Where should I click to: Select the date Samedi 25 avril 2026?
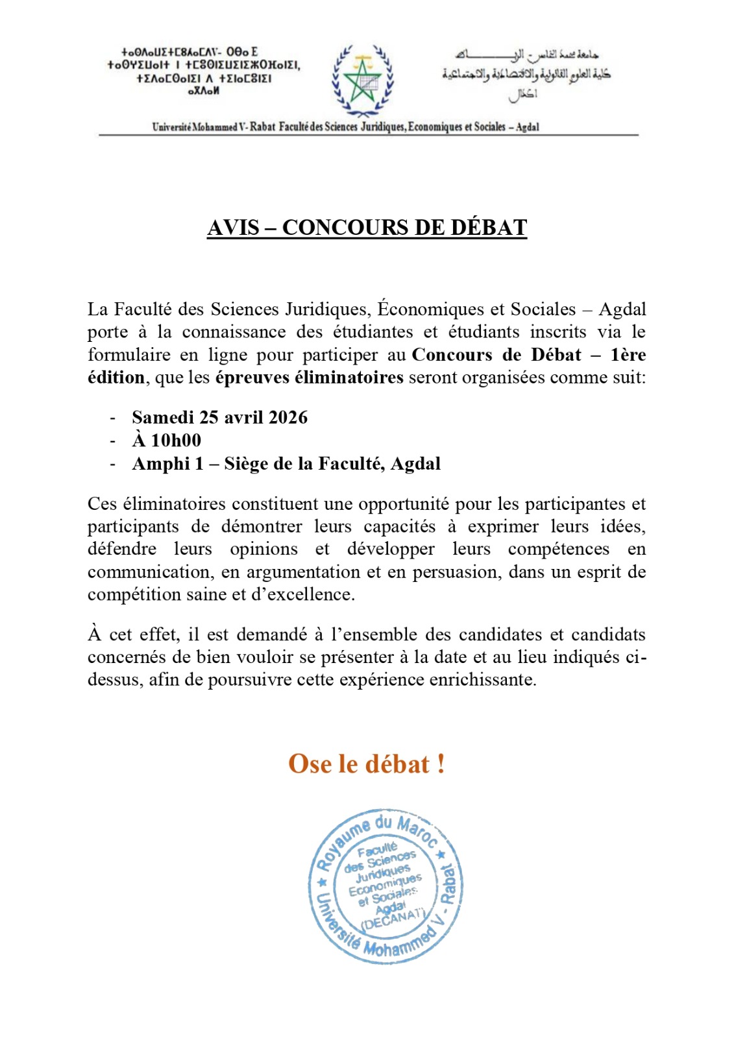click(219, 417)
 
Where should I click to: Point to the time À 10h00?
click(167, 441)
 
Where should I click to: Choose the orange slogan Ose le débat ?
click(367, 764)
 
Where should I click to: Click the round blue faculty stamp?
click(385, 886)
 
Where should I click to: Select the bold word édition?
click(116, 378)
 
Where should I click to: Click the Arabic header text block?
click(526, 73)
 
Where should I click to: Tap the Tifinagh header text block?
click(204, 71)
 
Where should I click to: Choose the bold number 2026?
click(287, 417)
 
